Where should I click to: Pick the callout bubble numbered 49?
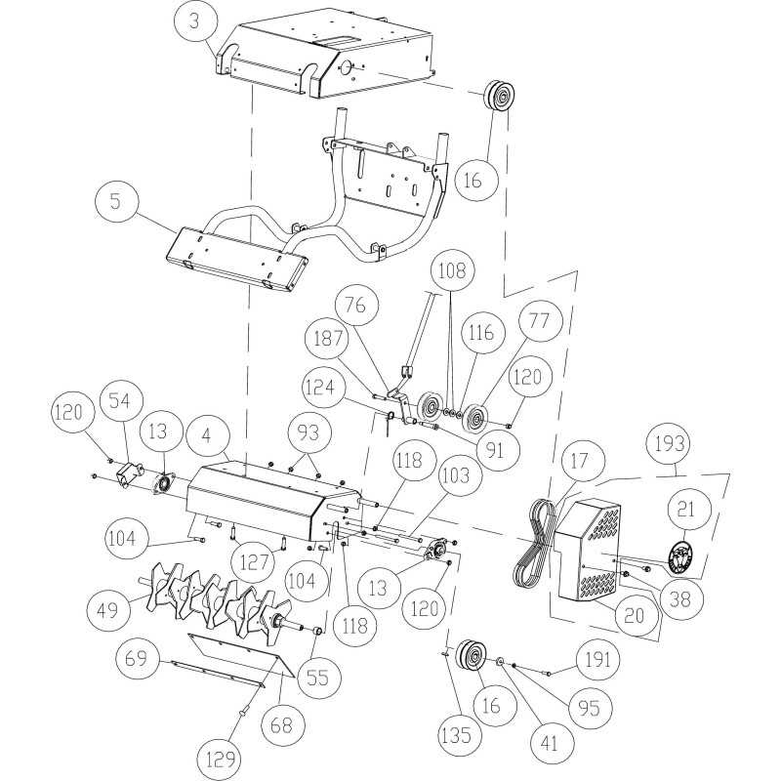[x=107, y=610]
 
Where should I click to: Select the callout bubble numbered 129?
[x=224, y=756]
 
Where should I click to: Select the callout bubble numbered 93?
[x=309, y=432]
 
